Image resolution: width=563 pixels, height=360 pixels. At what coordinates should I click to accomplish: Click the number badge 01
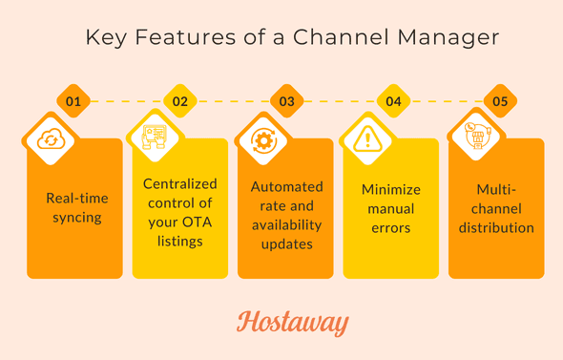tap(73, 100)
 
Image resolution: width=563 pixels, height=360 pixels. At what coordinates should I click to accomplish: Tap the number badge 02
tap(178, 100)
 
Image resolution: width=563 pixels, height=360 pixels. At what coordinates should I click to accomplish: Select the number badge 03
tap(286, 100)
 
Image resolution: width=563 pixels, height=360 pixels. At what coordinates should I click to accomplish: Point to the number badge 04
tap(393, 100)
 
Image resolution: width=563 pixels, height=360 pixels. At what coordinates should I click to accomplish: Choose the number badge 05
tap(499, 100)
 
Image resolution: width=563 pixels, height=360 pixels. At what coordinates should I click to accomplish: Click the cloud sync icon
tap(49, 140)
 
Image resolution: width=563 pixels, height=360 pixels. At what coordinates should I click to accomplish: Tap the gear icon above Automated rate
tap(261, 140)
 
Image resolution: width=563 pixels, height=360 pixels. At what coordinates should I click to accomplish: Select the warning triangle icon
tap(367, 140)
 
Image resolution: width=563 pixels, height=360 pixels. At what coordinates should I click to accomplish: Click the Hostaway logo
tap(292, 323)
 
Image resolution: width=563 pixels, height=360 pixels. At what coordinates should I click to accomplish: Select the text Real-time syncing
tap(77, 208)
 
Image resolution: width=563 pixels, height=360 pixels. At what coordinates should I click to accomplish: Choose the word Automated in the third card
tap(286, 186)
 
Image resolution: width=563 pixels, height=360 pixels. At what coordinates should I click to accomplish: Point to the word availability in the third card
tap(286, 224)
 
